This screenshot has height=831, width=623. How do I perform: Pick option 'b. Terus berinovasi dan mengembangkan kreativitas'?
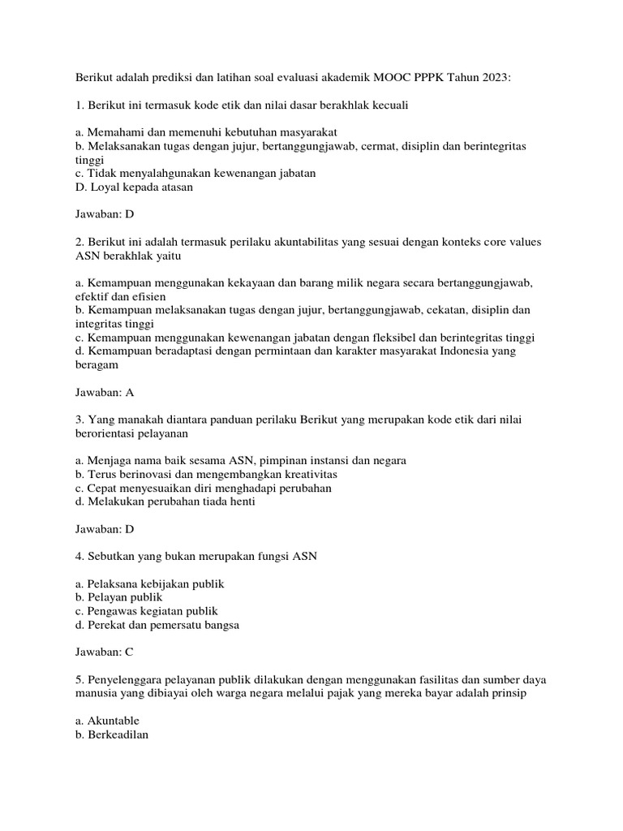tap(206, 474)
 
